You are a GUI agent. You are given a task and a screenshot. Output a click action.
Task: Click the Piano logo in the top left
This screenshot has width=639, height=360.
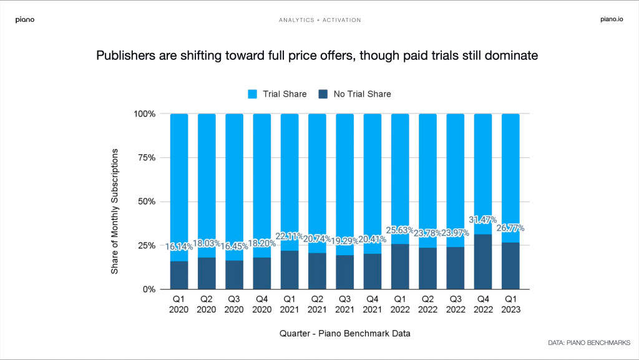[x=25, y=20]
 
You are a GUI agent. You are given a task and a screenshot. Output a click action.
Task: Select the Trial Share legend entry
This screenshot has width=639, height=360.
[x=278, y=94]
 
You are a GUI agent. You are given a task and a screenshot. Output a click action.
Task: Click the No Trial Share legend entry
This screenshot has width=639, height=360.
[x=355, y=94]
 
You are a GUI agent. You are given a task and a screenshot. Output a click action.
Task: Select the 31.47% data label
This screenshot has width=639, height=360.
[x=483, y=220]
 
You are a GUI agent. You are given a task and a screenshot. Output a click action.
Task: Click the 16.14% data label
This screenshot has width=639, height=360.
[x=180, y=248]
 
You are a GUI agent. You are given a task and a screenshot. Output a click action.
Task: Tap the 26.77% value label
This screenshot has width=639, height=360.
[x=510, y=228]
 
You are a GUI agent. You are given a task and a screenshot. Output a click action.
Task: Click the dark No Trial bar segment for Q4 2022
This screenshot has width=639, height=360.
[x=483, y=262]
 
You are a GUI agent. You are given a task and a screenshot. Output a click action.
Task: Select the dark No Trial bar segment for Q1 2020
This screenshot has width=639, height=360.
[x=180, y=275]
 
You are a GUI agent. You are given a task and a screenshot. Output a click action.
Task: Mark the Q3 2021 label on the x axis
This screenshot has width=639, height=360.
[x=344, y=304]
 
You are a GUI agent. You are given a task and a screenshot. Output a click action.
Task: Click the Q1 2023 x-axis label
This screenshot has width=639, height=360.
[x=510, y=304]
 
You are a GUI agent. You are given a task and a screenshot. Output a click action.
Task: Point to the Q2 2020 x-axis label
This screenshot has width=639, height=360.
[x=207, y=304]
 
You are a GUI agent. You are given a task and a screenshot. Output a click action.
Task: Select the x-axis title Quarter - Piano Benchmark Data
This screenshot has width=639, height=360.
[x=344, y=334]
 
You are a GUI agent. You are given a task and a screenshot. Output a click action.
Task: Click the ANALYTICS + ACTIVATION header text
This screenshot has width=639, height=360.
[x=319, y=20]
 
